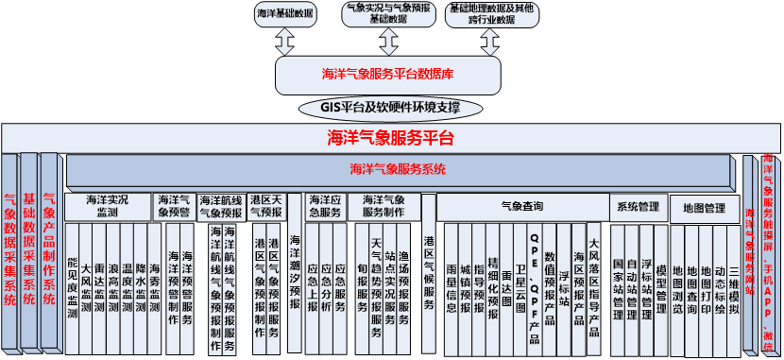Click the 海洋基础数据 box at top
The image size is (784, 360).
(284, 13)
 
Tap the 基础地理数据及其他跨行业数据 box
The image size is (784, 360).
(491, 13)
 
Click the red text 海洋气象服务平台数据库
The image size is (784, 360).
(387, 74)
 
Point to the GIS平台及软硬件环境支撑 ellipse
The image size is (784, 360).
(390, 107)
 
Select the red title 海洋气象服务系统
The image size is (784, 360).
(397, 171)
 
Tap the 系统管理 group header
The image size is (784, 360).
(638, 206)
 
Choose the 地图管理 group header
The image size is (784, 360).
(703, 207)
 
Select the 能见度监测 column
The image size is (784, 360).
(72, 283)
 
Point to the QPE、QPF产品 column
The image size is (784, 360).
(535, 283)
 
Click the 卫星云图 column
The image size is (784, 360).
(520, 283)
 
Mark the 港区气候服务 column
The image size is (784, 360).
(429, 274)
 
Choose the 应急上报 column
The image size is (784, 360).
(313, 283)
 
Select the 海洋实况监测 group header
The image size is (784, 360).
(108, 207)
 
